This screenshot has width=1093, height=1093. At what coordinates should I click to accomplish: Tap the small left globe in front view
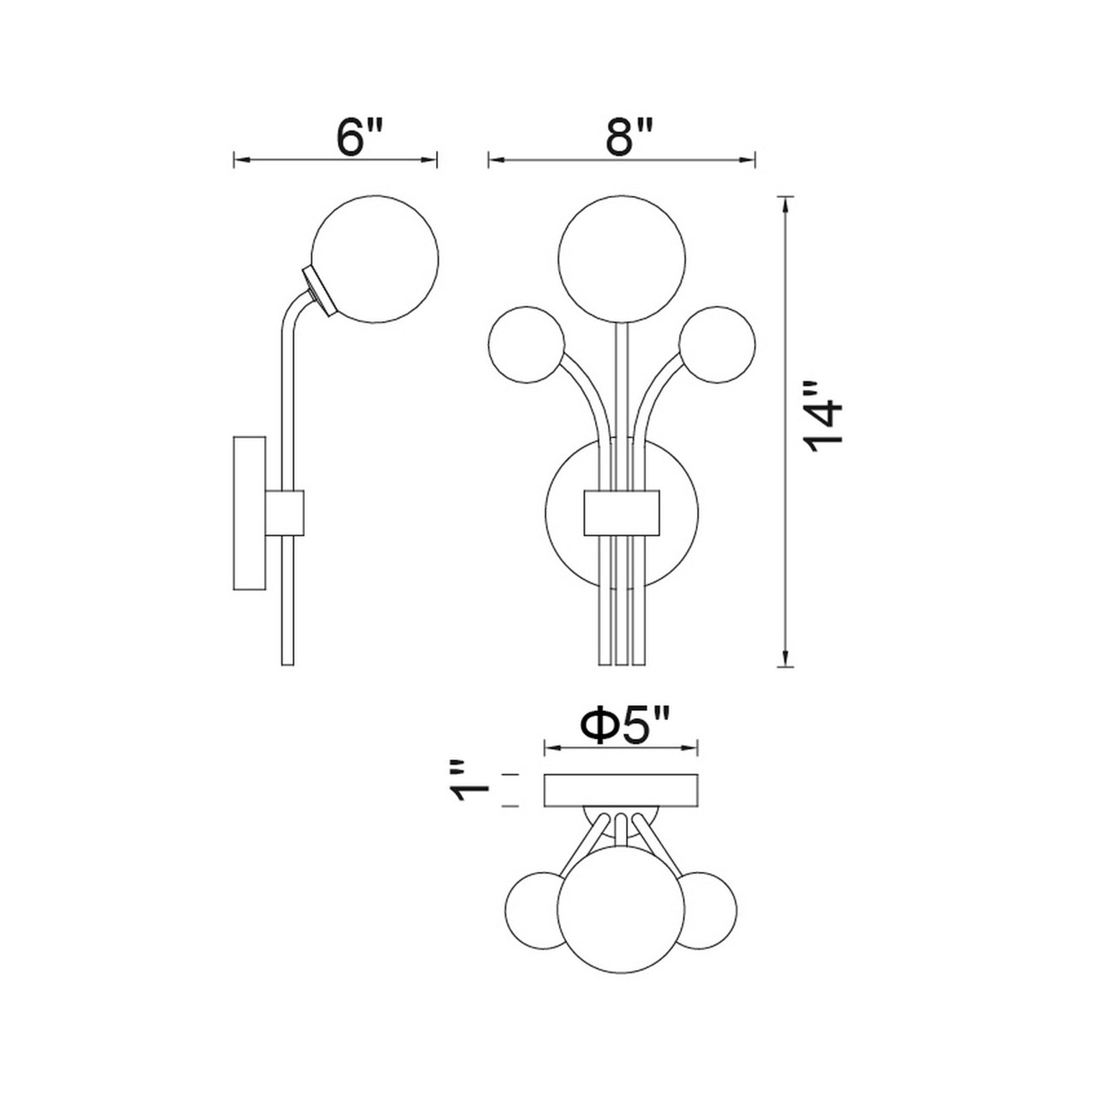tap(526, 344)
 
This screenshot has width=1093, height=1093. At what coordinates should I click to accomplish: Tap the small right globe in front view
tap(718, 344)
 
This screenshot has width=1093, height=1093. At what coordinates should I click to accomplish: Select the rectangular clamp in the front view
tap(621, 513)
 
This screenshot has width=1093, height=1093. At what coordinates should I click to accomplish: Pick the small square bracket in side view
tap(285, 513)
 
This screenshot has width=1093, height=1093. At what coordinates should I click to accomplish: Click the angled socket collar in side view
tap(318, 290)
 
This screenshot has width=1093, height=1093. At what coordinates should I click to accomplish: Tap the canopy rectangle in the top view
tap(621, 790)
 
